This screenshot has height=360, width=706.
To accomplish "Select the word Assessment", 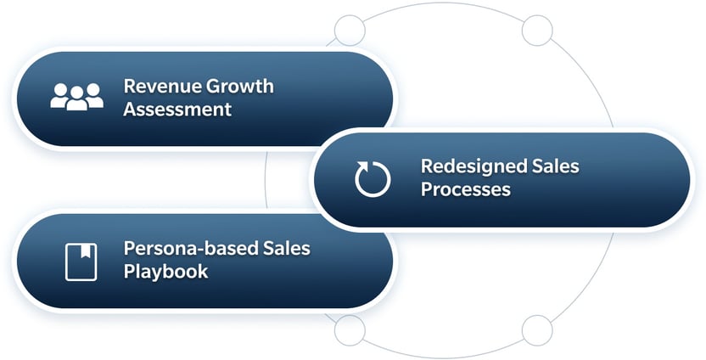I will (x=177, y=110).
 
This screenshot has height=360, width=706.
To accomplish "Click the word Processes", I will (x=466, y=188).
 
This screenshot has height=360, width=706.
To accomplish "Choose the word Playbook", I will (x=165, y=272).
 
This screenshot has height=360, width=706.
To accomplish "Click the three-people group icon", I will (x=76, y=97).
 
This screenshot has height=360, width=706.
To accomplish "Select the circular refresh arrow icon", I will (x=373, y=179).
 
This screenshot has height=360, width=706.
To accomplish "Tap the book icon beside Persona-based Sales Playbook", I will (x=81, y=261).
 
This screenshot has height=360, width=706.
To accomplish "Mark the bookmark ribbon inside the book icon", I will (x=81, y=250).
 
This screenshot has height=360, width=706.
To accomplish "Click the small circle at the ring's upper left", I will (x=350, y=31).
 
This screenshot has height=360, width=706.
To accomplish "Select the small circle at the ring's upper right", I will (x=536, y=31).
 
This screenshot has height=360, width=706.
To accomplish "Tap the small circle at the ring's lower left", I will (x=350, y=329).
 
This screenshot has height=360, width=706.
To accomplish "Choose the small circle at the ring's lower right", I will (x=536, y=329).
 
